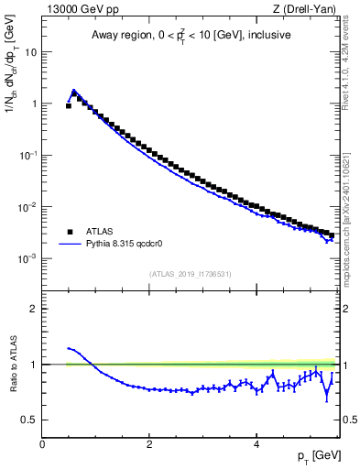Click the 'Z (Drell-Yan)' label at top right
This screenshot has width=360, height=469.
(303, 9)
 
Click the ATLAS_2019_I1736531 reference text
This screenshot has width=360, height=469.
(190, 274)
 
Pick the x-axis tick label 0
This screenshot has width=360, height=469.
(43, 442)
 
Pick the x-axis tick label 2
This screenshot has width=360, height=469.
(149, 442)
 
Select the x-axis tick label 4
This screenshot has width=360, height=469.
(256, 442)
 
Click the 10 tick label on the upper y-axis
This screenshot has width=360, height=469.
(31, 52)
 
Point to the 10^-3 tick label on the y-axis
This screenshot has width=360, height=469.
(28, 259)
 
